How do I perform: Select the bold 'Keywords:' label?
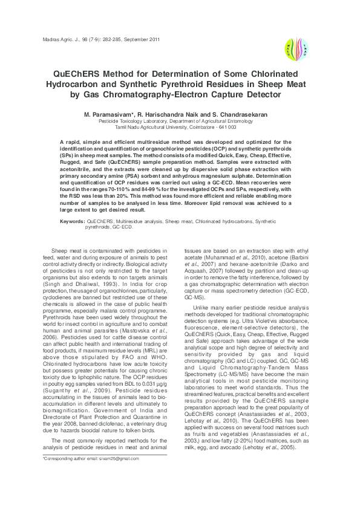[x=72, y=222]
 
